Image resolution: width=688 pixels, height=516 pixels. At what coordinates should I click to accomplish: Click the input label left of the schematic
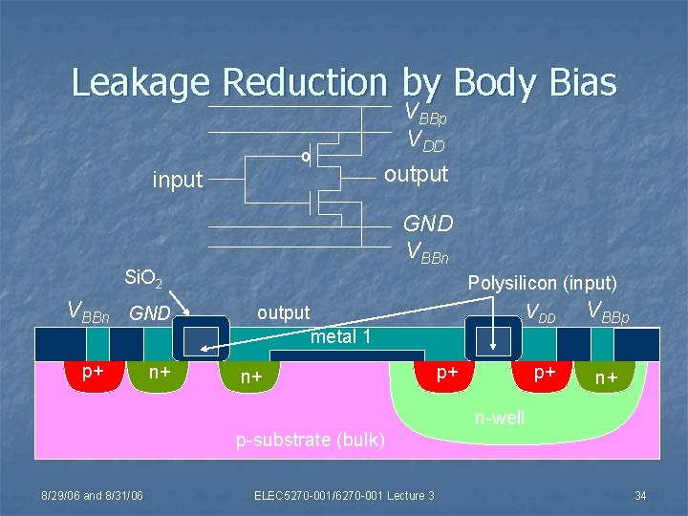click(178, 180)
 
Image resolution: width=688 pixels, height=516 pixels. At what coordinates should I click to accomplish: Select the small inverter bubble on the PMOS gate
click(306, 155)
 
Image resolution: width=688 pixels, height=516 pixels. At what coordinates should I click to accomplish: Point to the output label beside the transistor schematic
click(416, 174)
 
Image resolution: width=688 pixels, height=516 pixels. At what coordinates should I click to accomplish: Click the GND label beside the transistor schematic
click(428, 224)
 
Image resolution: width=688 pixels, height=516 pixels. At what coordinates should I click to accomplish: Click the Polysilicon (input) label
click(542, 283)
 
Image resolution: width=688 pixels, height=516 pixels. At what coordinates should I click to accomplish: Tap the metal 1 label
click(342, 335)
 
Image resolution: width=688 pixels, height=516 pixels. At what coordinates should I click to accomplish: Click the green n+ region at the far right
click(607, 378)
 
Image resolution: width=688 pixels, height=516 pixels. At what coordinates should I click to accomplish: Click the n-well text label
click(500, 418)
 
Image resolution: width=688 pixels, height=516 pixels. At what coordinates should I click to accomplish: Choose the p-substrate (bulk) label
click(311, 441)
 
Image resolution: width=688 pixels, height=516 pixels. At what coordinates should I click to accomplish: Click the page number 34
click(640, 495)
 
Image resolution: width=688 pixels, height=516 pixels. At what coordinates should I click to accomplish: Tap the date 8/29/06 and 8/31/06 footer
click(92, 495)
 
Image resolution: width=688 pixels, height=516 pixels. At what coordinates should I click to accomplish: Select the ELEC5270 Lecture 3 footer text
click(344, 495)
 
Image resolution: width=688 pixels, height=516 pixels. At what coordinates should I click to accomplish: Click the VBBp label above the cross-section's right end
click(608, 312)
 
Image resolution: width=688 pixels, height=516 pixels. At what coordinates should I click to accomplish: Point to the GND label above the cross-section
click(149, 312)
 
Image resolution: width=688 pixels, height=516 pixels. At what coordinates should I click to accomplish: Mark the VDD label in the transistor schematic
click(427, 141)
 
